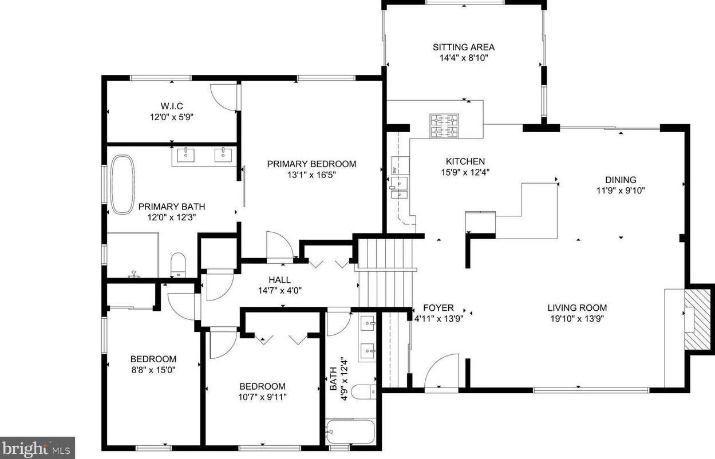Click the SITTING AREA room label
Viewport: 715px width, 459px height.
pos(463,48)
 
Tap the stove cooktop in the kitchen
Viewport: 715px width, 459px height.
pos(445,126)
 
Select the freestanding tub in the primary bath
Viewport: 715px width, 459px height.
pos(121,184)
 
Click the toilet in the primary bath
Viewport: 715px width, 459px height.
pos(178,265)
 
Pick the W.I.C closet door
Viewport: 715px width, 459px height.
pos(223,97)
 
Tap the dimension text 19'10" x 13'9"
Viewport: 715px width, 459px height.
pos(576,319)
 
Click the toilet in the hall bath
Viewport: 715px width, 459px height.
pos(362,393)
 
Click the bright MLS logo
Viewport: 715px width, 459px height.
pos(37,447)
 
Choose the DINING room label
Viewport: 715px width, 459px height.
pos(621,180)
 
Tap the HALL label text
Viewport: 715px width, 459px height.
pos(279,280)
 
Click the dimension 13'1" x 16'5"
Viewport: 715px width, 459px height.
pos(311,175)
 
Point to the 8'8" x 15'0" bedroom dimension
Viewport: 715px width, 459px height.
pos(153,370)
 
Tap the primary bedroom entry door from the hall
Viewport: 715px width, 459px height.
pos(280,247)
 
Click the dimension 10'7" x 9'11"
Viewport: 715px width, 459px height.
pos(262,397)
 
